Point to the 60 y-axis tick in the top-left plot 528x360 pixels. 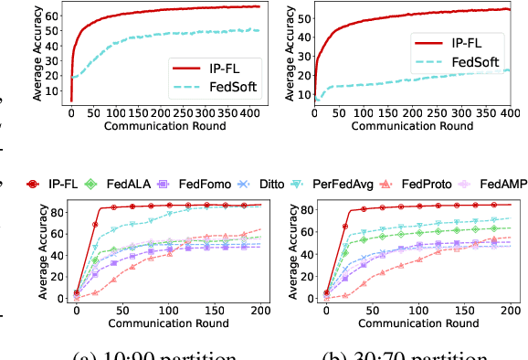point(52,15)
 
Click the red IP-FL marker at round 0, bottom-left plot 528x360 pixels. point(77,293)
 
